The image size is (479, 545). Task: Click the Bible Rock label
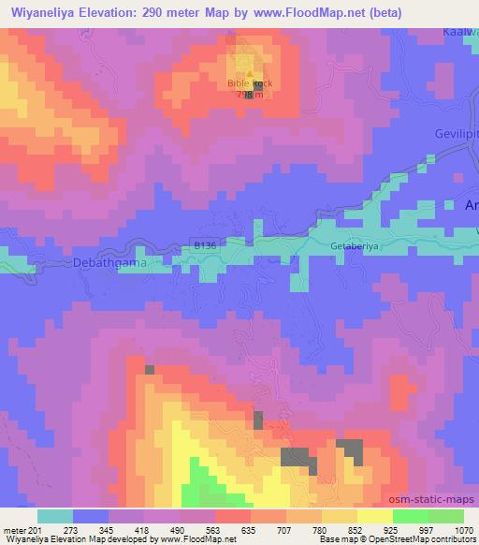(250, 83)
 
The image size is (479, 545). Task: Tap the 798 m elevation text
(250, 95)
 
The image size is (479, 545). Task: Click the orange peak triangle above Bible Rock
(250, 74)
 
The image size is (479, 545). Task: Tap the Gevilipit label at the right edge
(457, 134)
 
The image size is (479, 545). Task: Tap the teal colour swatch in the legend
(54, 516)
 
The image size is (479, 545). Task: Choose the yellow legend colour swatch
(339, 516)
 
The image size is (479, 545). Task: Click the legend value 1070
(463, 529)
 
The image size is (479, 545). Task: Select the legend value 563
(214, 529)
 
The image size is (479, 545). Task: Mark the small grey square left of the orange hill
(149, 370)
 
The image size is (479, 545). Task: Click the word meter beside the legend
(14, 529)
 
